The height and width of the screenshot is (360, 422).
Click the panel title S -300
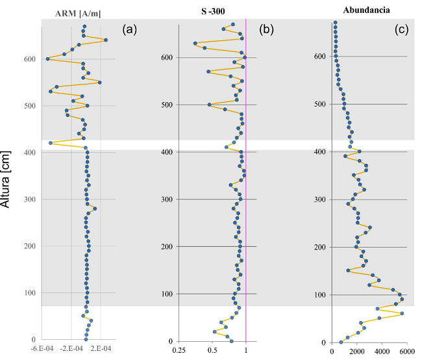click(213, 12)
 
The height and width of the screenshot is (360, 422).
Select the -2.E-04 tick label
click(71, 350)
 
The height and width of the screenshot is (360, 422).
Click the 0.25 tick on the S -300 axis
click(179, 351)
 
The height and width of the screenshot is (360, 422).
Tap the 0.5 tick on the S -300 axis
click(212, 351)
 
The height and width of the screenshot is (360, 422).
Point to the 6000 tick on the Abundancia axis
click(407, 352)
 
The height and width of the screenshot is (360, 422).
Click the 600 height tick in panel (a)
click(31, 59)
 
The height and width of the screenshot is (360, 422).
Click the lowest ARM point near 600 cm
click(47, 59)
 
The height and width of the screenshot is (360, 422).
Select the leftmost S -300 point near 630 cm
click(195, 44)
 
